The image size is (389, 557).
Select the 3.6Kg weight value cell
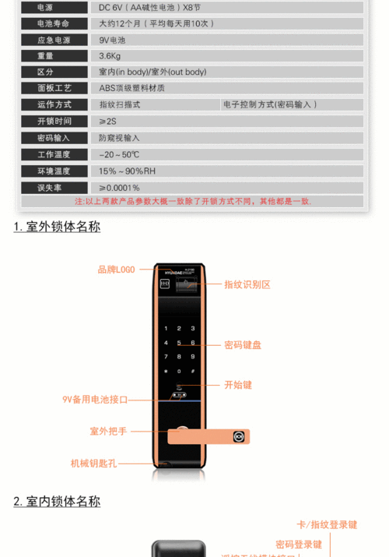coord(110,56)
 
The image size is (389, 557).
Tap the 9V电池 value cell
coord(114,40)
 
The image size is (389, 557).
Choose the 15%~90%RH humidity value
coord(128,171)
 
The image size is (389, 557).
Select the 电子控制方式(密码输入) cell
coord(269,104)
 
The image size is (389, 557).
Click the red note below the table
coord(192,201)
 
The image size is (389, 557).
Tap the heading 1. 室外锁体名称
coord(57,227)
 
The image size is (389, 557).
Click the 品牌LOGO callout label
coord(116,270)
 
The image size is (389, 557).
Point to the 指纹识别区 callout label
coord(247,285)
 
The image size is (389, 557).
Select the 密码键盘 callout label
coord(243,345)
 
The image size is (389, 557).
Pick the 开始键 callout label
coord(238,385)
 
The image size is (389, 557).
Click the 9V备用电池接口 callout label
coord(95,400)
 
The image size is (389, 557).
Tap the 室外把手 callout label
coord(108,431)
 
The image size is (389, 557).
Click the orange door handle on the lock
coord(206,437)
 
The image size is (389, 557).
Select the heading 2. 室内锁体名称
coord(57,502)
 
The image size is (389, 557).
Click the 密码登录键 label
coord(299,544)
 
